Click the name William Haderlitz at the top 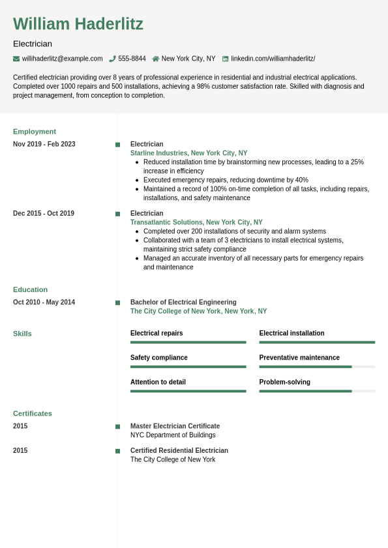[x=78, y=24]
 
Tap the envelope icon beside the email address [x=16, y=59]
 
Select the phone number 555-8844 [x=132, y=59]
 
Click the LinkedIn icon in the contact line [x=226, y=59]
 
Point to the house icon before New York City [x=156, y=59]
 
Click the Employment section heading [x=35, y=131]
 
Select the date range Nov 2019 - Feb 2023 [x=44, y=144]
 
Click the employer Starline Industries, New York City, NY [x=188, y=153]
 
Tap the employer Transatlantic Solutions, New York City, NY [x=196, y=222]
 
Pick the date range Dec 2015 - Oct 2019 [x=44, y=213]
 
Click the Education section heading [x=30, y=289]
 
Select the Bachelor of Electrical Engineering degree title [x=183, y=302]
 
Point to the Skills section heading [x=22, y=334]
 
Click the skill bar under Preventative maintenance [x=317, y=367]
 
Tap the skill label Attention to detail [x=158, y=382]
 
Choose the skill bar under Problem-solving [x=317, y=391]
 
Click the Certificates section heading [x=33, y=413]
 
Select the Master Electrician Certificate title [x=175, y=426]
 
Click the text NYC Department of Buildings [x=173, y=435]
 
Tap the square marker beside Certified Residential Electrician [x=118, y=451]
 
